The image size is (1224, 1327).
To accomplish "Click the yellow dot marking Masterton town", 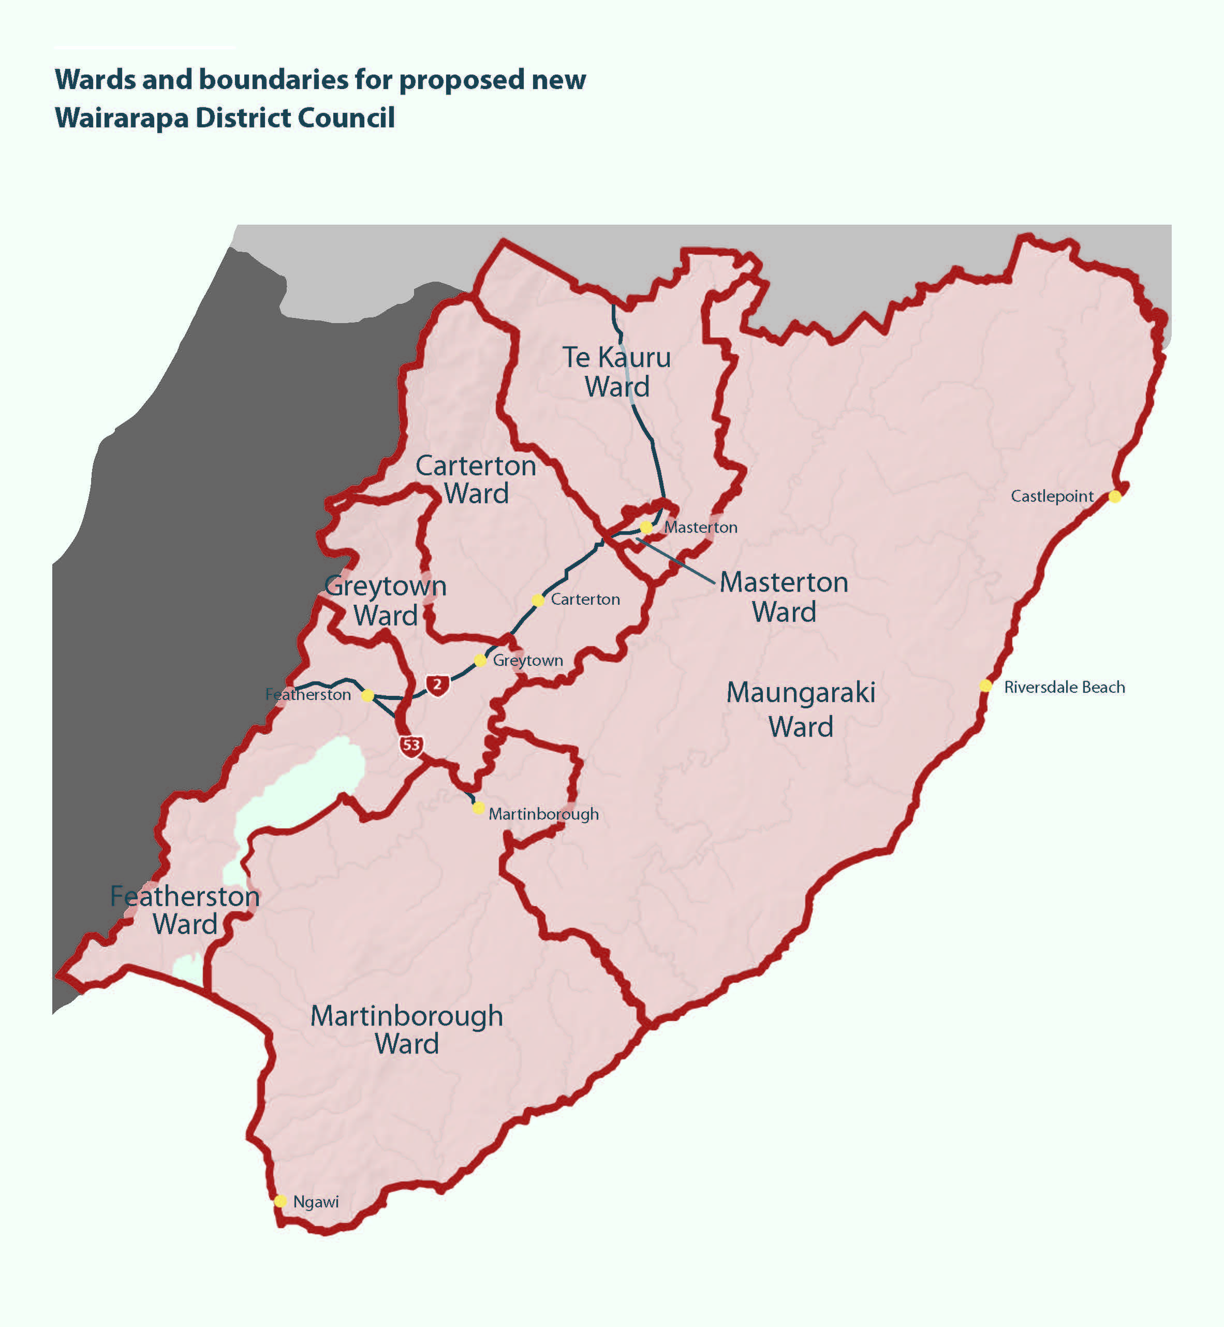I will point(646,528).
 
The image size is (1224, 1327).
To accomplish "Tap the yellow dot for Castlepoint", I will point(1115,496).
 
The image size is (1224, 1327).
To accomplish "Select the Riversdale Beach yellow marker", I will point(985,686).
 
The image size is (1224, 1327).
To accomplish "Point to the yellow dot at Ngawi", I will point(280,1201).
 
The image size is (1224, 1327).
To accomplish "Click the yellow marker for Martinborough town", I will point(478,808).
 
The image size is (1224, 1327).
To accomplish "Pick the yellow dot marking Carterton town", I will point(538,600).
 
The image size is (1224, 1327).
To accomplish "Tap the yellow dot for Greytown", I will point(480,661).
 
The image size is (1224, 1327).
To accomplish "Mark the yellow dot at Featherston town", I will point(367,696).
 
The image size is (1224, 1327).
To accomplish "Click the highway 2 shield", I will point(437,684).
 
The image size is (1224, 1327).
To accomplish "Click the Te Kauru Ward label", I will point(616,372).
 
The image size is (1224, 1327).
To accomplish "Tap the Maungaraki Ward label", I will point(801,709).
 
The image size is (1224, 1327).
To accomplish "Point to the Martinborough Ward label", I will point(407,1029).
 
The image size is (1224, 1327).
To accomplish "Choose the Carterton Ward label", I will point(476,479).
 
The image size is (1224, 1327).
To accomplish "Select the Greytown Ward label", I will point(386,600).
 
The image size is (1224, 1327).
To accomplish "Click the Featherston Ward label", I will point(185,910).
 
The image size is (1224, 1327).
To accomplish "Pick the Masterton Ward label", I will point(784,597).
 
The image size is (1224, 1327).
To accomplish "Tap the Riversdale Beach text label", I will point(1065,687).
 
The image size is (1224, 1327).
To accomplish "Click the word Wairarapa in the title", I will point(122,118).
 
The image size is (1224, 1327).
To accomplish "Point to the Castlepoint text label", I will point(1052,496).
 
